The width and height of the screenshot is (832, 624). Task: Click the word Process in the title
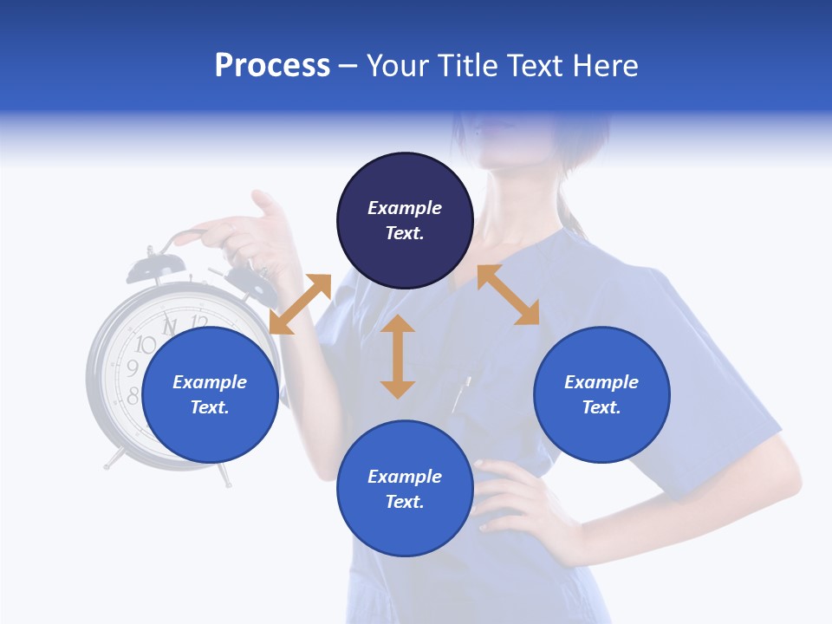272,66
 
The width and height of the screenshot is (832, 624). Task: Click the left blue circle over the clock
210,394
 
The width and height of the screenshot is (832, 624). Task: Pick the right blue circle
601,394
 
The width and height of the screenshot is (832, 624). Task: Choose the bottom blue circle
405,488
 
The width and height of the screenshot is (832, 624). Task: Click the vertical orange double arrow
398,356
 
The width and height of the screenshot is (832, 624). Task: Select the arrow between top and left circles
301,303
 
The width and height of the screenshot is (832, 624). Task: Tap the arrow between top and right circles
508,295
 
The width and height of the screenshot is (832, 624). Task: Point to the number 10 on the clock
145,345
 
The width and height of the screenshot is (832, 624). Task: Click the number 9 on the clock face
133,369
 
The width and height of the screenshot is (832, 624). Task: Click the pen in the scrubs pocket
461,394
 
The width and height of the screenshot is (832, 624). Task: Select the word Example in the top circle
405,208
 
